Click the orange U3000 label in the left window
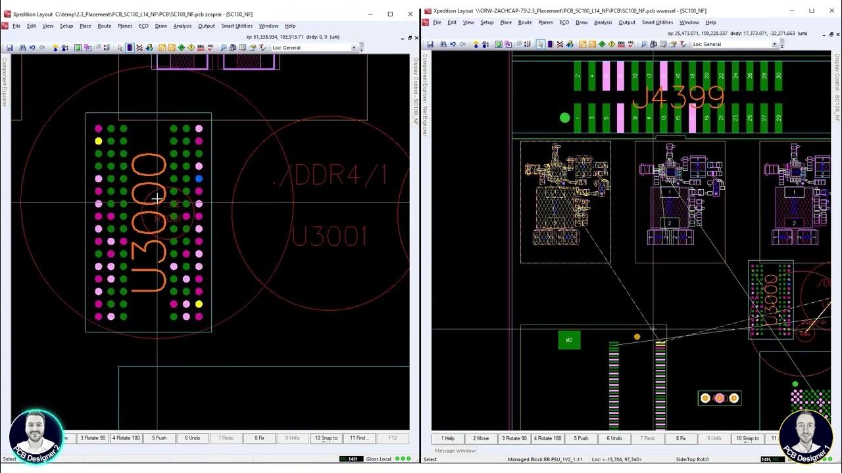pyautogui.click(x=149, y=223)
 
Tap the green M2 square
pyautogui.click(x=569, y=340)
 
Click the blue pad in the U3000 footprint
pyautogui.click(x=199, y=179)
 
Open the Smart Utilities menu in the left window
pyautogui.click(x=237, y=26)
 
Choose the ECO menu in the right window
pyautogui.click(x=564, y=22)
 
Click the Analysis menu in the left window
pyautogui.click(x=182, y=26)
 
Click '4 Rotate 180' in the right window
pyautogui.click(x=547, y=438)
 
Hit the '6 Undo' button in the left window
pyautogui.click(x=192, y=438)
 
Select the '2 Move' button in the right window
pyautogui.click(x=481, y=438)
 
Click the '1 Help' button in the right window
pyautogui.click(x=448, y=438)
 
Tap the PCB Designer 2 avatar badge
pyautogui.click(x=36, y=435)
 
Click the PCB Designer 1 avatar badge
pyautogui.click(x=806, y=435)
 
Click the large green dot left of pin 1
pyautogui.click(x=564, y=118)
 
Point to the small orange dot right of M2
pyautogui.click(x=637, y=337)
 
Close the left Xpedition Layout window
pyautogui.click(x=410, y=14)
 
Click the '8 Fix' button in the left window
pyautogui.click(x=259, y=438)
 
